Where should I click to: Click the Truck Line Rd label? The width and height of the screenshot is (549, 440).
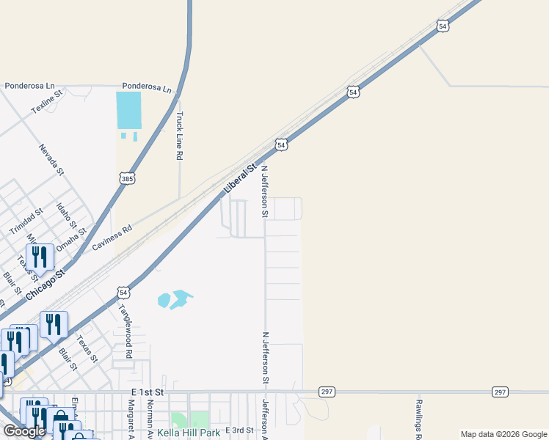coord(179,136)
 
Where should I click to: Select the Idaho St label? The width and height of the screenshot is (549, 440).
coord(67,212)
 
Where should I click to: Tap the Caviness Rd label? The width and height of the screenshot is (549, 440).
coord(112,239)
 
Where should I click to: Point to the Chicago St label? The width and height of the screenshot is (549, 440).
coord(46,283)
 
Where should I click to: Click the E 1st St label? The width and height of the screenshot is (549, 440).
coord(147,393)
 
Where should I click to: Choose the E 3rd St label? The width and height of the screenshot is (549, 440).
coord(239,430)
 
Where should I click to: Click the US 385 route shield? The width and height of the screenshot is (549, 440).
coord(127,178)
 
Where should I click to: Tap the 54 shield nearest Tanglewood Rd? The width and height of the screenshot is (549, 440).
coord(124,293)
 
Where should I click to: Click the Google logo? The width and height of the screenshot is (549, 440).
coord(25,431)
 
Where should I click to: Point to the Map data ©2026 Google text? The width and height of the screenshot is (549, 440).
coord(503,434)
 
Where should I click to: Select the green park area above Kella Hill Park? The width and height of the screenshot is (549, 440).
coord(180,419)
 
